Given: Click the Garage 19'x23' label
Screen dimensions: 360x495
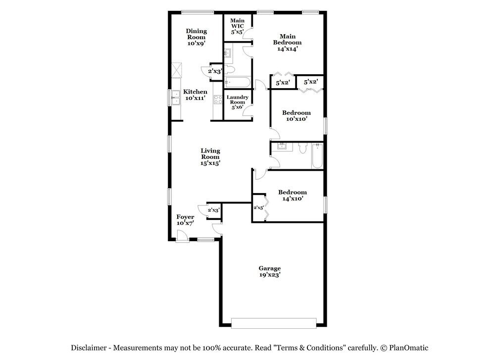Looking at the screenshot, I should [270, 271].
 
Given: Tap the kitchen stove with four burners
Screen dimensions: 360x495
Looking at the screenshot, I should [217, 99].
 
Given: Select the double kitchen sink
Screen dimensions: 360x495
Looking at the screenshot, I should [175, 97].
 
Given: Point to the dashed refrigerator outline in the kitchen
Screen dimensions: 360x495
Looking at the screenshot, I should [176, 69].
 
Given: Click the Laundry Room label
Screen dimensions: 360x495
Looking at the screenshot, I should [238, 102].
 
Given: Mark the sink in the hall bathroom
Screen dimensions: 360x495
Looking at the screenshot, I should [282, 146].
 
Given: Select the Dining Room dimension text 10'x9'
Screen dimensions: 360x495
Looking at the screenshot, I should [197, 44].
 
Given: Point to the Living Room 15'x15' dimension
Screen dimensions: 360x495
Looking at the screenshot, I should [210, 163].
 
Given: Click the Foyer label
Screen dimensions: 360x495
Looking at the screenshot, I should [186, 217].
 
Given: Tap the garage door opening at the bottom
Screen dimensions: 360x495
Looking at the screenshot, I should [273, 323].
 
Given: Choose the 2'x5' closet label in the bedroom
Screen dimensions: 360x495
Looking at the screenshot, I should [258, 208].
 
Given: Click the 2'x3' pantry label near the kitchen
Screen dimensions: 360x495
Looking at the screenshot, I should [214, 71].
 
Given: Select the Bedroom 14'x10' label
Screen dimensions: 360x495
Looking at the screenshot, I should [292, 195].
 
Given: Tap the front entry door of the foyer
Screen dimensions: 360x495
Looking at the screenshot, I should [182, 238].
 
